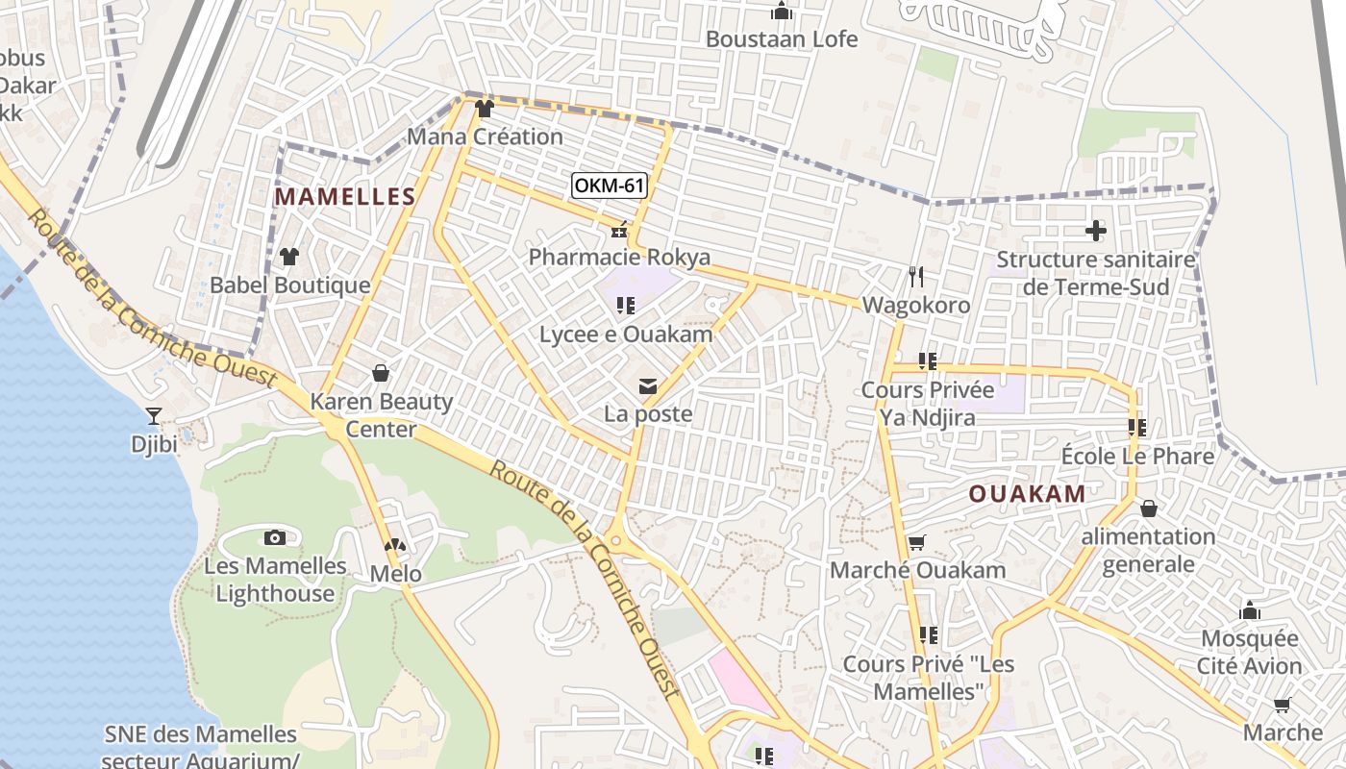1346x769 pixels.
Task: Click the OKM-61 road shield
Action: pyautogui.click(x=609, y=186)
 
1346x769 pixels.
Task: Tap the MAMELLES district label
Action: pyautogui.click(x=345, y=197)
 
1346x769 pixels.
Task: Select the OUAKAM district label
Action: pyautogui.click(x=1027, y=494)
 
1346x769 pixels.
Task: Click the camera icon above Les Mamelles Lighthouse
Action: pyautogui.click(x=275, y=537)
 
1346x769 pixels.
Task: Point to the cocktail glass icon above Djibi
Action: pyautogui.click(x=153, y=416)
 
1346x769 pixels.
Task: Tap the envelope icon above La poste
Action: pyautogui.click(x=648, y=386)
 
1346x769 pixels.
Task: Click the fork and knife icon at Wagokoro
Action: pyautogui.click(x=916, y=277)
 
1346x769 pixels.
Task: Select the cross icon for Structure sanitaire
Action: pyautogui.click(x=1095, y=231)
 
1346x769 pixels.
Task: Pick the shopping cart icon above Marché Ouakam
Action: pyautogui.click(x=916, y=543)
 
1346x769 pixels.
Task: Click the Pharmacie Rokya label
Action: pyautogui.click(x=619, y=257)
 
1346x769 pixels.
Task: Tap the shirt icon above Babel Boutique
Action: pyautogui.click(x=289, y=257)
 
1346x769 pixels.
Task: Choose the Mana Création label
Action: pyautogui.click(x=485, y=136)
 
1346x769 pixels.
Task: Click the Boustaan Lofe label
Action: pyautogui.click(x=781, y=39)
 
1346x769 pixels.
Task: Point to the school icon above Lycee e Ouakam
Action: pyautogui.click(x=626, y=306)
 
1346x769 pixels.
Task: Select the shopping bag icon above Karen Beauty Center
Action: pyautogui.click(x=381, y=372)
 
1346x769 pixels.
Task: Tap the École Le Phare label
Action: pyautogui.click(x=1137, y=456)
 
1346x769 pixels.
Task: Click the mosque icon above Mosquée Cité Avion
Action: pyautogui.click(x=1250, y=610)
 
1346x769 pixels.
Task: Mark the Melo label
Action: pyautogui.click(x=396, y=574)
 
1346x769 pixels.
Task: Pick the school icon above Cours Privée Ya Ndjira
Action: pyautogui.click(x=927, y=361)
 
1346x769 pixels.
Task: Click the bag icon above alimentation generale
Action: pyautogui.click(x=1148, y=509)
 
